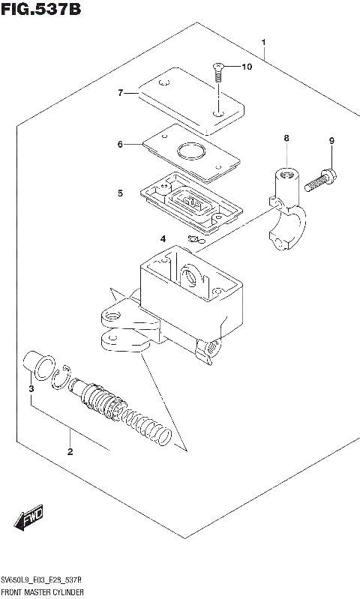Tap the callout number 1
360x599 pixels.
pyautogui.click(x=264, y=41)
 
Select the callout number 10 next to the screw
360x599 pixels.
pyautogui.click(x=247, y=67)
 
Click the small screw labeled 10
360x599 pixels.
pyautogui.click(x=217, y=72)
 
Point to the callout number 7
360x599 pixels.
pyautogui.click(x=119, y=93)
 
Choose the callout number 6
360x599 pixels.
pyautogui.click(x=119, y=144)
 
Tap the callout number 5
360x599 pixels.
pyautogui.click(x=119, y=193)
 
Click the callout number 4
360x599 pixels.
pyautogui.click(x=162, y=238)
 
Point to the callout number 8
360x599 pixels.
pyautogui.click(x=286, y=138)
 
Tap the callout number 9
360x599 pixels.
pyautogui.click(x=331, y=141)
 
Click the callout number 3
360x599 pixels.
pyautogui.click(x=31, y=388)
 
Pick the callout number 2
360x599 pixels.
pyautogui.click(x=70, y=451)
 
